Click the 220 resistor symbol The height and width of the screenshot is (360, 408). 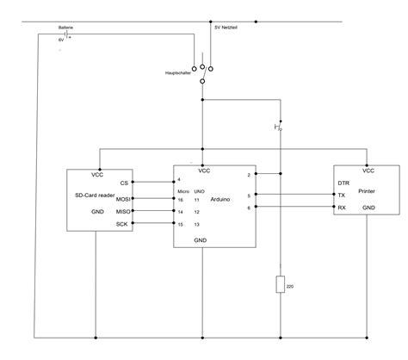(x=281, y=284)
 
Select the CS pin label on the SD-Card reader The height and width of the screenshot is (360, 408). (x=124, y=183)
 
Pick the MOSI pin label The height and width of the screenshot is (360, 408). (x=121, y=198)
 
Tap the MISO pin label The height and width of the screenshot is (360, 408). (x=121, y=212)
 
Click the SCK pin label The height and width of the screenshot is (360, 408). (x=122, y=225)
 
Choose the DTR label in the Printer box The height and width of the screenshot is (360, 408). (x=343, y=183)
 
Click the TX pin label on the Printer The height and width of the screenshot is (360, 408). (x=342, y=196)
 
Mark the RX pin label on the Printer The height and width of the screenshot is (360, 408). (x=342, y=208)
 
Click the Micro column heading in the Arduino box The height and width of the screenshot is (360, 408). (x=182, y=190)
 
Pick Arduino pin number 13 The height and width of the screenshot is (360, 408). (x=198, y=225)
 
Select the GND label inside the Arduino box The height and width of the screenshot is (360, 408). (x=200, y=240)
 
